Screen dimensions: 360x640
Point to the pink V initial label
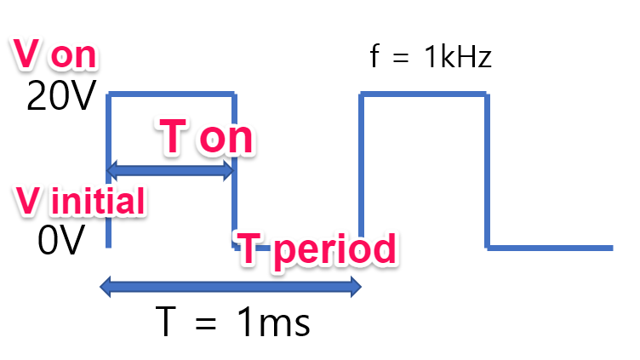79,201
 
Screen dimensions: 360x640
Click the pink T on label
207,137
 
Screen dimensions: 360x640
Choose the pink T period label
316,249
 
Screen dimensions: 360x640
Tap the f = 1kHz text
431,58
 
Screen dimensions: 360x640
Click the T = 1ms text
231,323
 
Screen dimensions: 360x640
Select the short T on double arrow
169,171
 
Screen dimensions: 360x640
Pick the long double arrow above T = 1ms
230,288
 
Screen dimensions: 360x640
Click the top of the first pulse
171,94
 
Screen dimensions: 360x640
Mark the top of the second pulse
424,94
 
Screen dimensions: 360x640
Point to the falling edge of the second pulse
487,170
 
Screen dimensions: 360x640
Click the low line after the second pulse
550,248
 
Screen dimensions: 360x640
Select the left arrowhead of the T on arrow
111,171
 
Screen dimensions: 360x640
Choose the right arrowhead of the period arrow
353,288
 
